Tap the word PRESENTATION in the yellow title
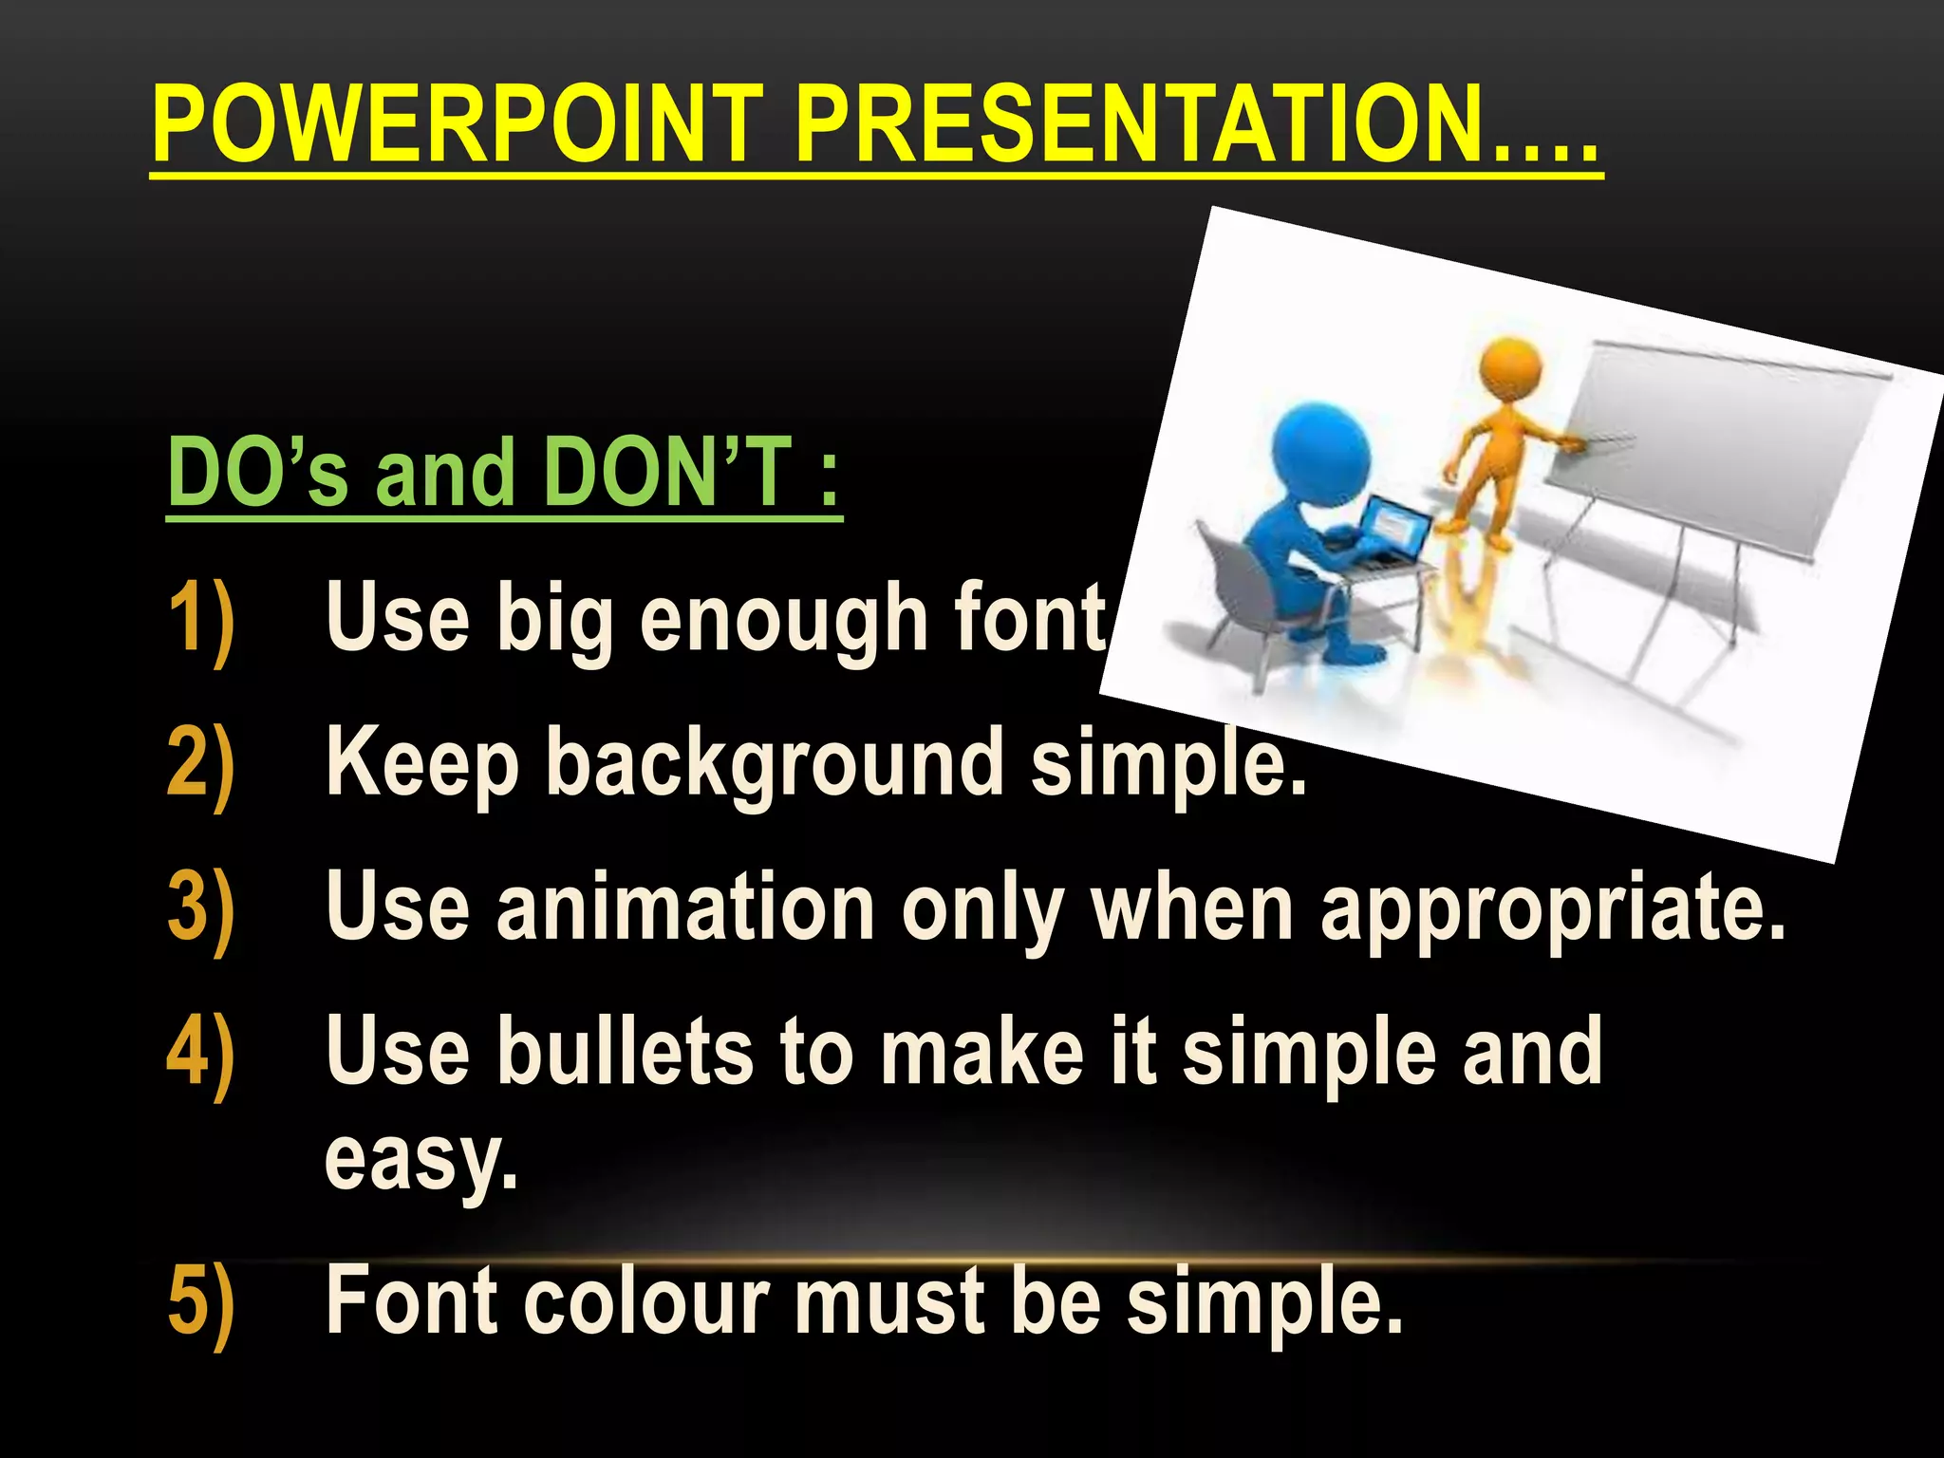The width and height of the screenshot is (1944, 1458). pyautogui.click(x=1139, y=125)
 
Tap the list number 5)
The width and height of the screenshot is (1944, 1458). pyautogui.click(x=200, y=1301)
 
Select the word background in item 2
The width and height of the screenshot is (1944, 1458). pyautogui.click(x=774, y=764)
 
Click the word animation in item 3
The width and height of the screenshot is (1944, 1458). pyautogui.click(x=684, y=908)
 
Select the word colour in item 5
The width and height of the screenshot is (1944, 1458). pyautogui.click(x=645, y=1301)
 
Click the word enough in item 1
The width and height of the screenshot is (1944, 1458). pyautogui.click(x=782, y=622)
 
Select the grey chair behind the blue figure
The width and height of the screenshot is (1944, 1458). pyautogui.click(x=1234, y=589)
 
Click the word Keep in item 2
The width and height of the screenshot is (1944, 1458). pyautogui.click(x=421, y=764)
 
